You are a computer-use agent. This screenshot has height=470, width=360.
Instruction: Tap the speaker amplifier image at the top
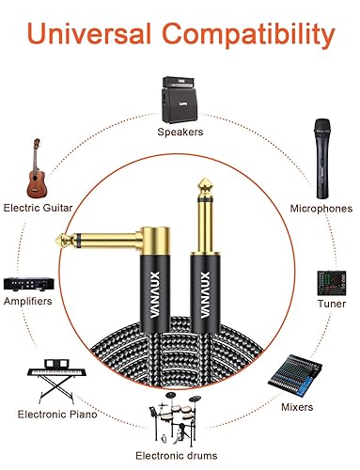[180, 99]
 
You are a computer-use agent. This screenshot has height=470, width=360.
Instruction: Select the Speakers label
[180, 133]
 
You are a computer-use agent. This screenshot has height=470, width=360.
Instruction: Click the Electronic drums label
[180, 457]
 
